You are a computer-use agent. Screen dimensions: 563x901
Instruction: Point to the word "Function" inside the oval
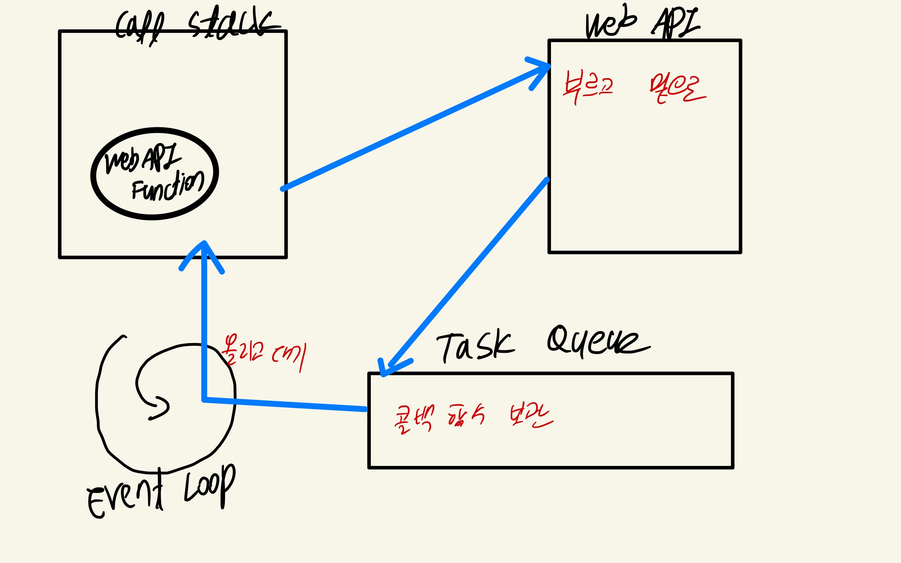(168, 187)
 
